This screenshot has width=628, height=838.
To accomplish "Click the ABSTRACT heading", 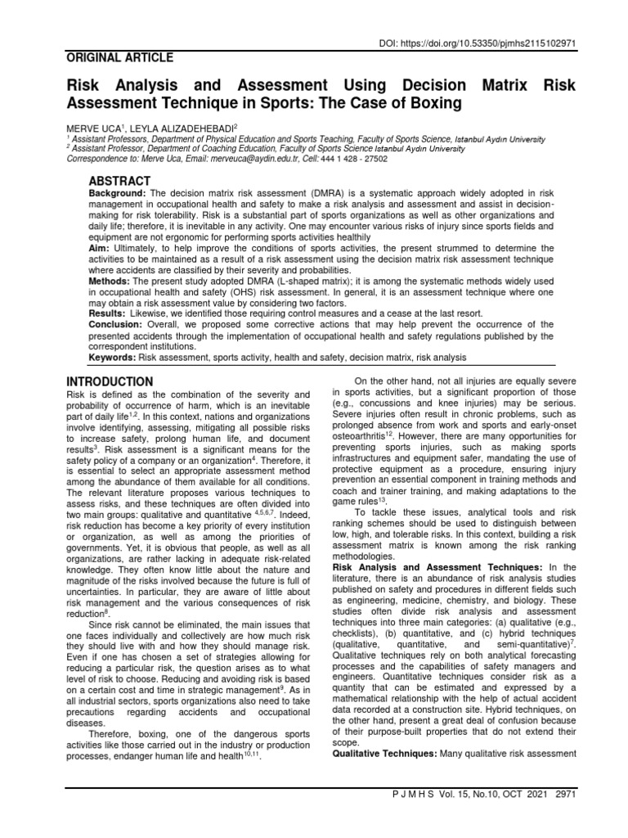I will (x=119, y=180).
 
